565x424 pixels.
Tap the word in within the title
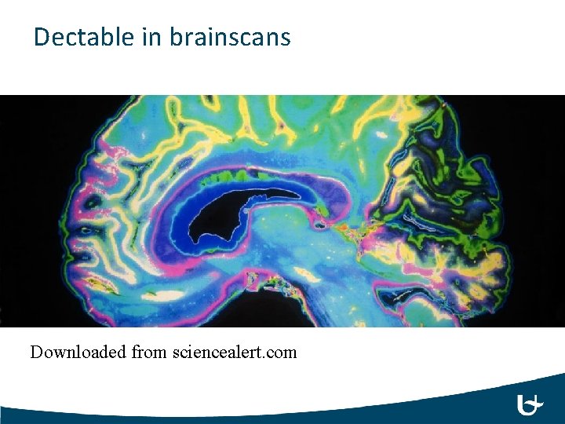pyautogui.click(x=151, y=37)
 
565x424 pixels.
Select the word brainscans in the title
pyautogui.click(x=228, y=37)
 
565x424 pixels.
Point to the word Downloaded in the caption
pyautogui.click(x=78, y=352)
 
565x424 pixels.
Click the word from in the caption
pyautogui.click(x=149, y=352)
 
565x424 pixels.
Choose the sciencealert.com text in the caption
pyautogui.click(x=234, y=352)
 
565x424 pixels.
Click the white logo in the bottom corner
pyautogui.click(x=530, y=405)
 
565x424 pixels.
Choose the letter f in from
pyautogui.click(x=135, y=352)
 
